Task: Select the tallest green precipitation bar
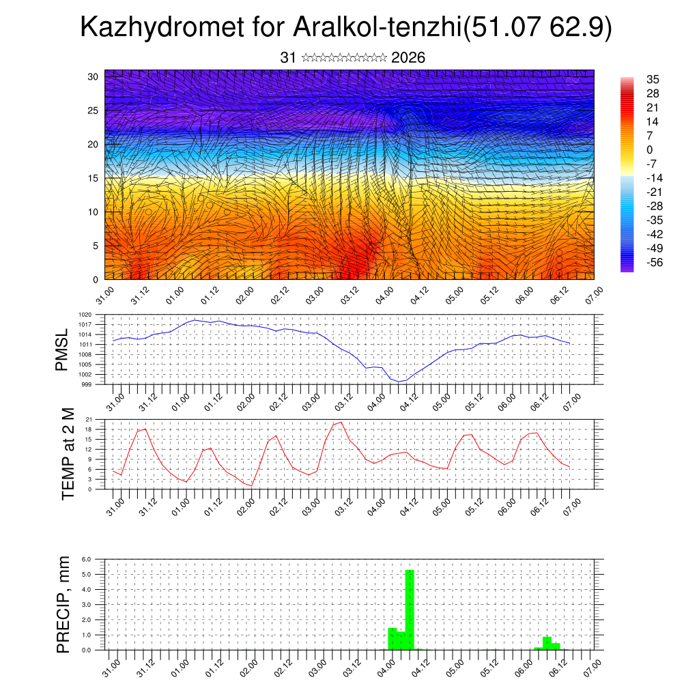pyautogui.click(x=410, y=609)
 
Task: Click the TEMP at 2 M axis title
pyautogui.click(x=68, y=454)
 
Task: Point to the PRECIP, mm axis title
pyautogui.click(x=63, y=604)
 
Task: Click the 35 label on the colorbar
pyautogui.click(x=653, y=80)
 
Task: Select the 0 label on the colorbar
pyautogui.click(x=650, y=149)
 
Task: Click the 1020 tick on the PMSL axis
pyautogui.click(x=96, y=315)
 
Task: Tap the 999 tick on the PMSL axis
pyautogui.click(x=97, y=384)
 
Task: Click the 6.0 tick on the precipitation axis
pyautogui.click(x=96, y=559)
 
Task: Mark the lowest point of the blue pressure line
pyautogui.click(x=399, y=382)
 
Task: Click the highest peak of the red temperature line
pyautogui.click(x=341, y=422)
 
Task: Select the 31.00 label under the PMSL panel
pyautogui.click(x=115, y=401)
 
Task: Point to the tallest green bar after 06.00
pyautogui.click(x=547, y=642)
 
